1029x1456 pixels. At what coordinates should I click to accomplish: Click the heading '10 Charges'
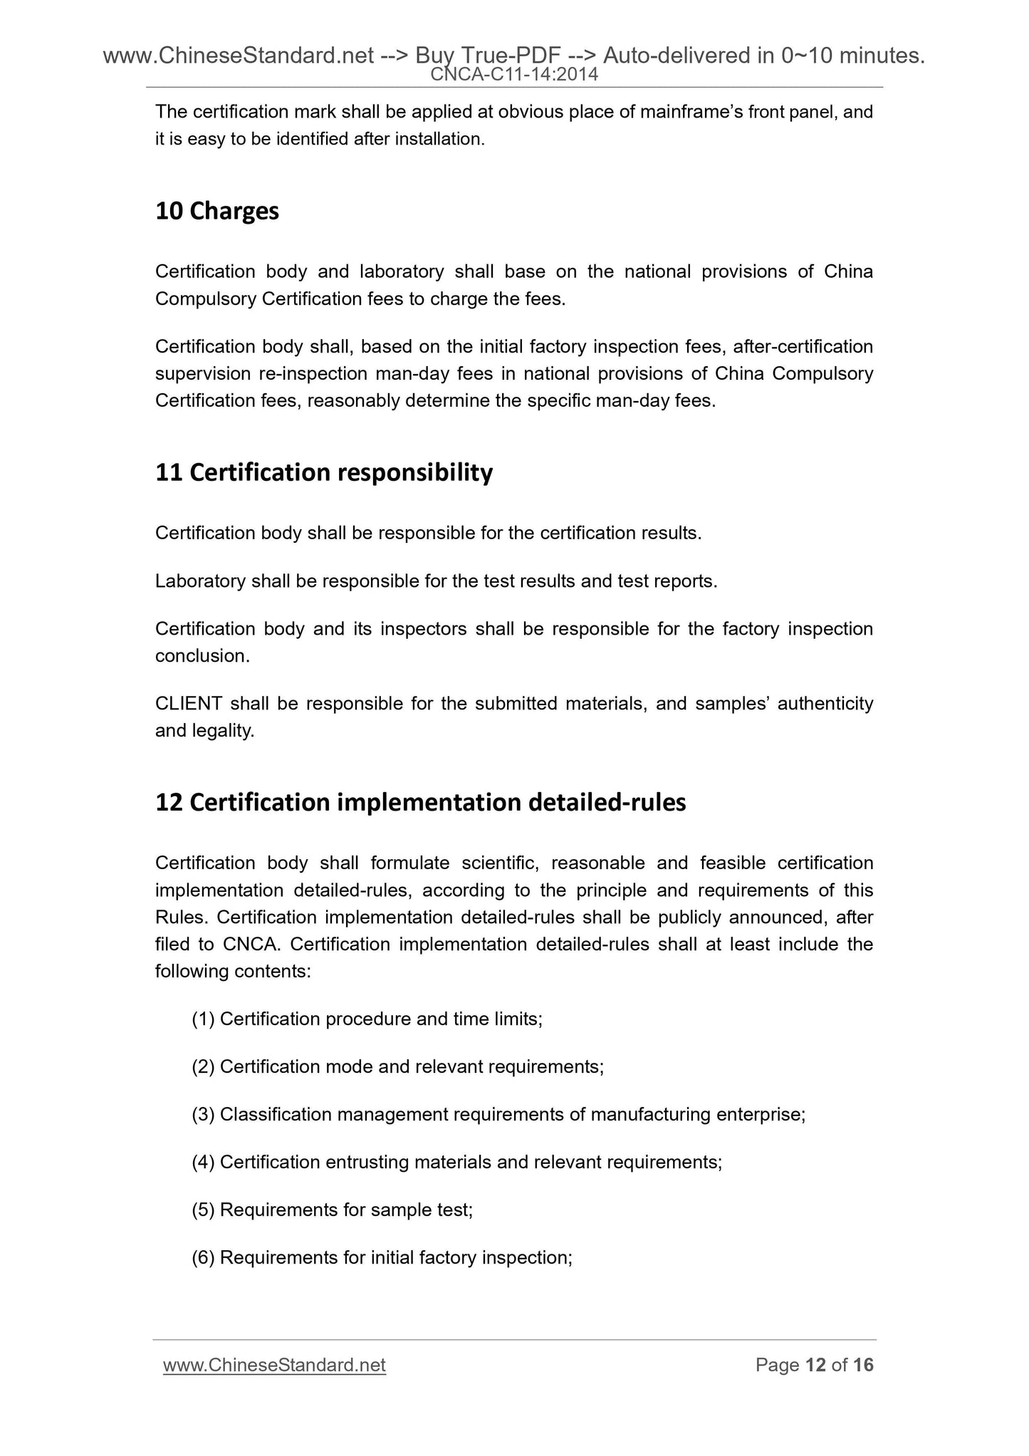[x=216, y=212]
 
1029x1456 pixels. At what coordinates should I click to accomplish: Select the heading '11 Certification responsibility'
[x=323, y=473]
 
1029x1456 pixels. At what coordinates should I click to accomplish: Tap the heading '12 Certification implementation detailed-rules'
[x=420, y=803]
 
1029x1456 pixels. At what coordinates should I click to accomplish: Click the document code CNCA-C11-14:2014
[x=514, y=74]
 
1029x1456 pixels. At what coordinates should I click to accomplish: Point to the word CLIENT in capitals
[x=188, y=704]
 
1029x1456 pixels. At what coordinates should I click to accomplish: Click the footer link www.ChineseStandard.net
[x=274, y=1366]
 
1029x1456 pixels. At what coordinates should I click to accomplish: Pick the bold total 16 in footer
[x=863, y=1366]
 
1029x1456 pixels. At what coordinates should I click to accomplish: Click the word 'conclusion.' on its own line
[x=202, y=656]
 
